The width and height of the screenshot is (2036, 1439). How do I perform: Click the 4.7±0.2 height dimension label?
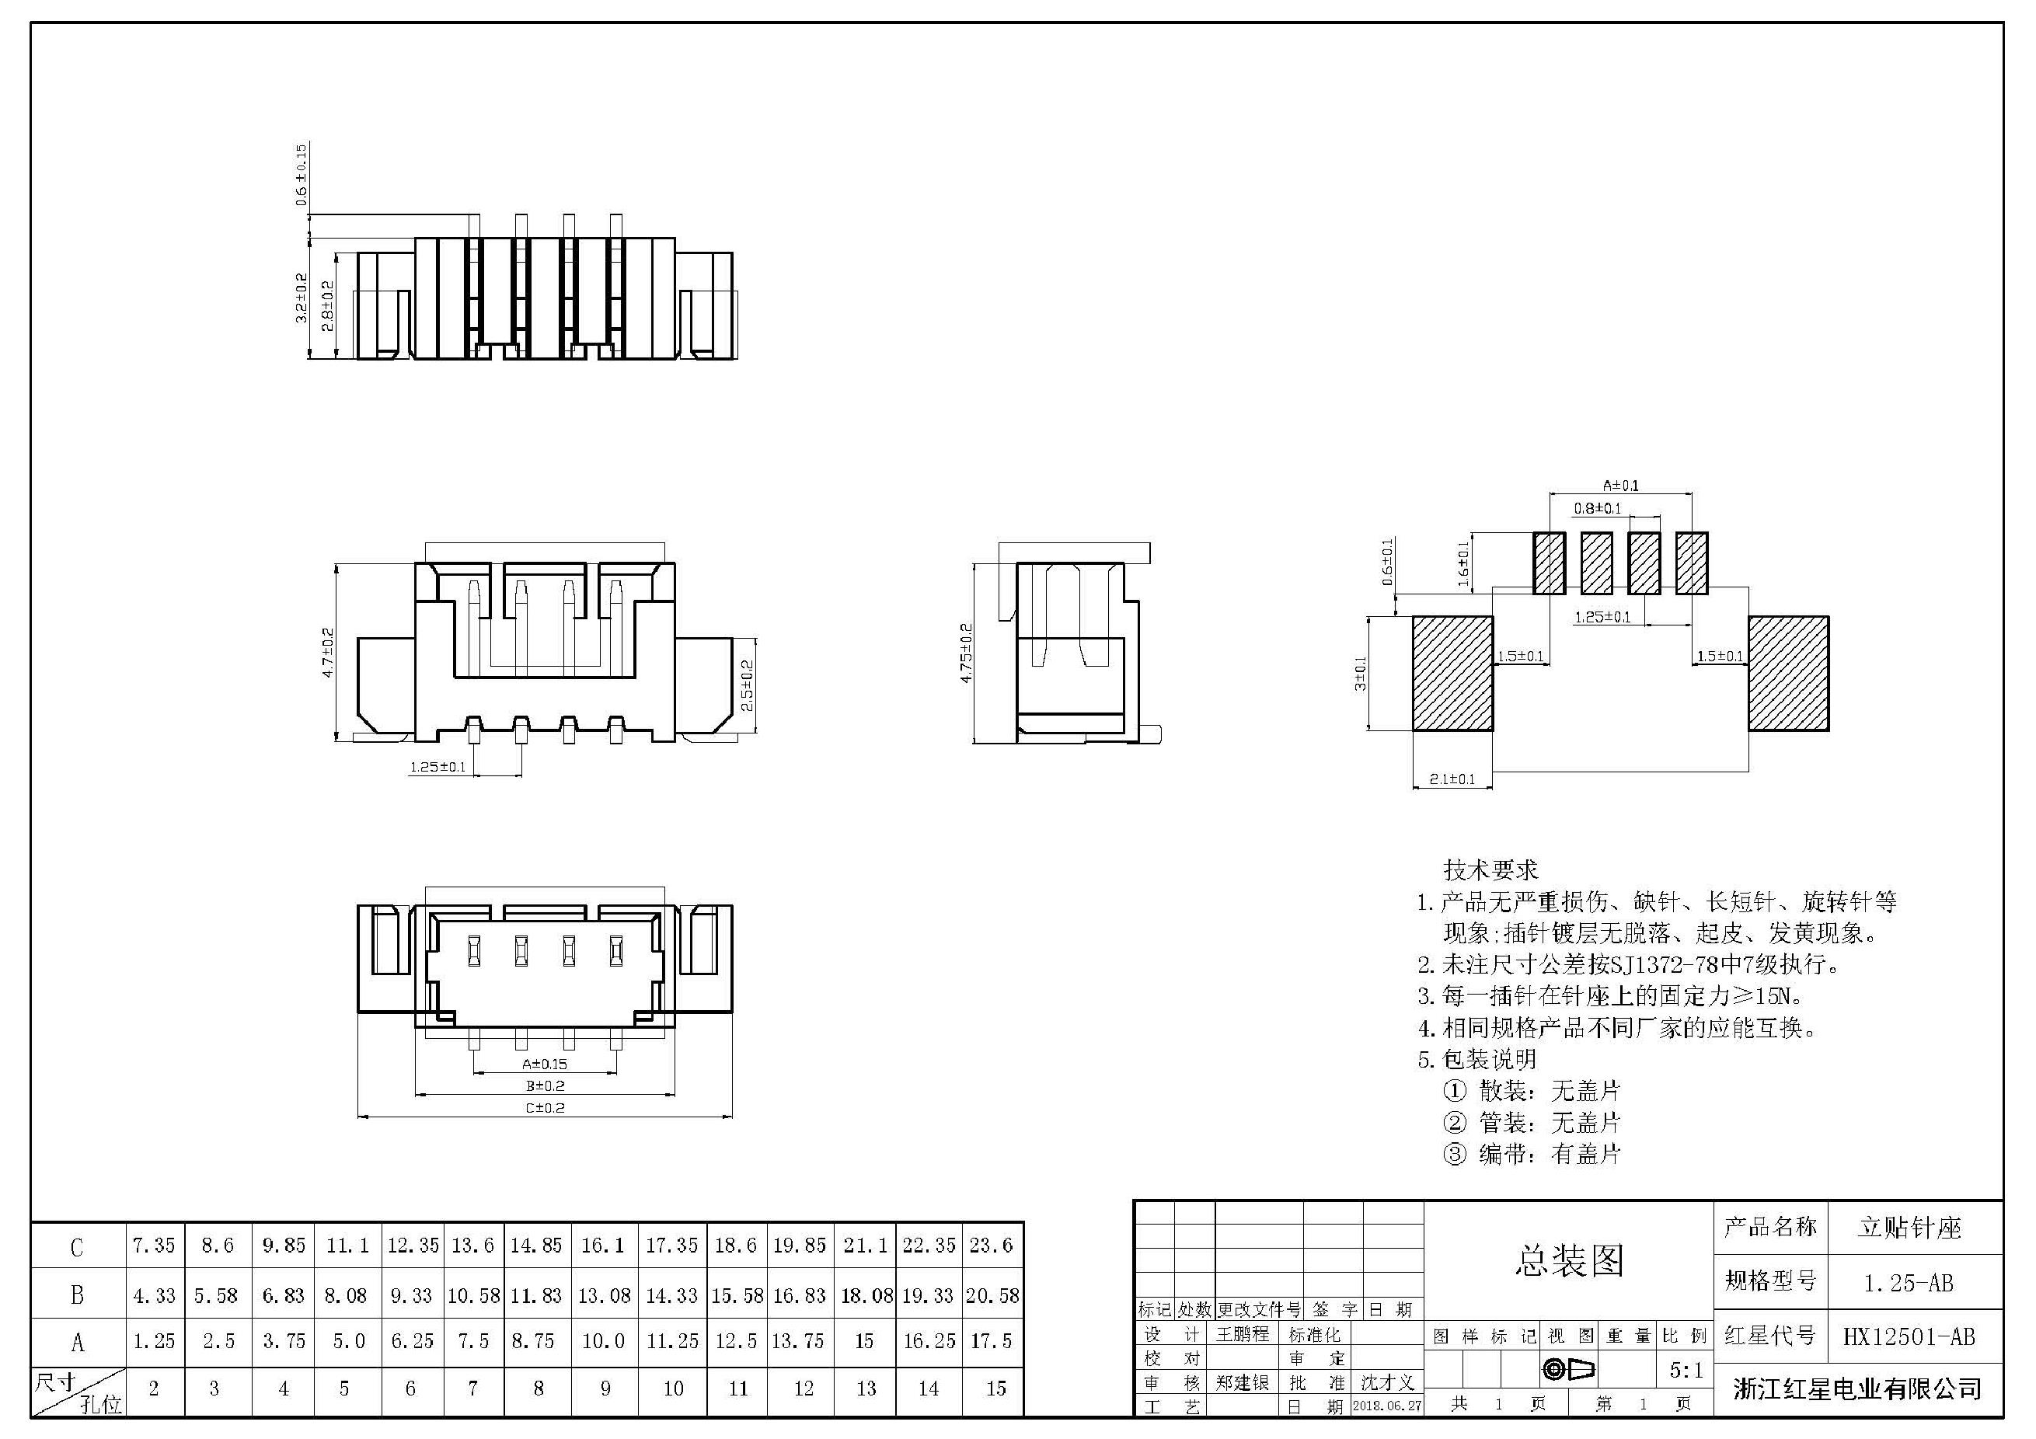tap(328, 653)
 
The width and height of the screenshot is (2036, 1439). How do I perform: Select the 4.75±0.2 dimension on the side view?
tap(967, 653)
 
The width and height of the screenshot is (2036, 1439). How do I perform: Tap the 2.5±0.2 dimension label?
tap(747, 685)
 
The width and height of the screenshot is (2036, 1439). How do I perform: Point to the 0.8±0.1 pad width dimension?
tap(1597, 508)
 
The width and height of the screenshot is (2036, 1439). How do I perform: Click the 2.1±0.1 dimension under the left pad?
tap(1452, 779)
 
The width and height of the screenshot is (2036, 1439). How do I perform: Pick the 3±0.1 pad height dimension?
tap(1360, 673)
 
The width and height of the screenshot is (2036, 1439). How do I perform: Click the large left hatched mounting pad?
tap(1452, 674)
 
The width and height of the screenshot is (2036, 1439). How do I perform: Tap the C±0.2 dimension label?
tap(545, 1107)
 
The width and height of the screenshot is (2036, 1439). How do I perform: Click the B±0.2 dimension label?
tap(545, 1085)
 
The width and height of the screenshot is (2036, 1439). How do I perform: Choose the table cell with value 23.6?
tap(991, 1245)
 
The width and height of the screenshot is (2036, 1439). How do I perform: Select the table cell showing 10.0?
tap(603, 1340)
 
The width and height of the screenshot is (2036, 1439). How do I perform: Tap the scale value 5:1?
tap(1686, 1371)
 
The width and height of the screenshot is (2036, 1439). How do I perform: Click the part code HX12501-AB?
tap(1909, 1337)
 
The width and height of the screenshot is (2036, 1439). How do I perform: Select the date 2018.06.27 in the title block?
tap(1387, 1406)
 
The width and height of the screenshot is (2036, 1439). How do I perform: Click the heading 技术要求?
tap(1490, 869)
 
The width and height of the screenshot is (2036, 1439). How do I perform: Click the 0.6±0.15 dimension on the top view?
tap(302, 175)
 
